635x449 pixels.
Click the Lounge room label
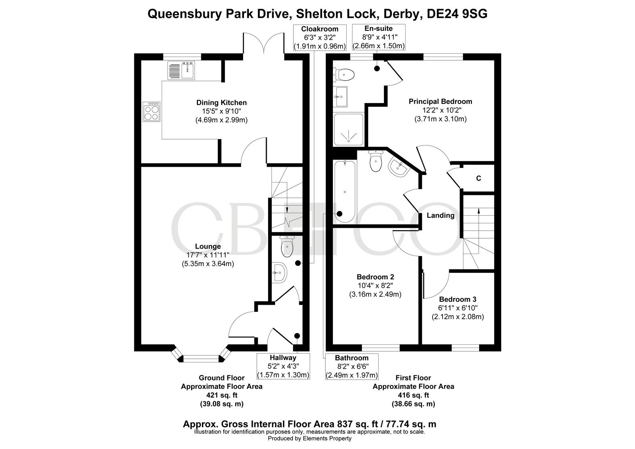pyautogui.click(x=208, y=247)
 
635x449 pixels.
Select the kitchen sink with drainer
pyautogui.click(x=181, y=70)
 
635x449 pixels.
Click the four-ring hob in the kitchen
pyautogui.click(x=151, y=112)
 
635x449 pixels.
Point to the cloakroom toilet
pyautogui.click(x=287, y=247)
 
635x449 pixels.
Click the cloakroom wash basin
pyautogui.click(x=279, y=273)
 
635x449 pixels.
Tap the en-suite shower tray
pyautogui.click(x=349, y=129)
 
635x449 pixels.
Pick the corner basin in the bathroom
pyautogui.click(x=398, y=168)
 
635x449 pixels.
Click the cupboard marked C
pyautogui.click(x=478, y=178)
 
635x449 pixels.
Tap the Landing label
pyautogui.click(x=441, y=215)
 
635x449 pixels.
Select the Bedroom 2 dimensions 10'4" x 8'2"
pyautogui.click(x=375, y=286)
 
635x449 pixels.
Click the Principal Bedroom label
pyautogui.click(x=440, y=101)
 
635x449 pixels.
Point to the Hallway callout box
pyautogui.click(x=283, y=366)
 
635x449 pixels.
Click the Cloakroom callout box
pyautogui.click(x=320, y=37)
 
